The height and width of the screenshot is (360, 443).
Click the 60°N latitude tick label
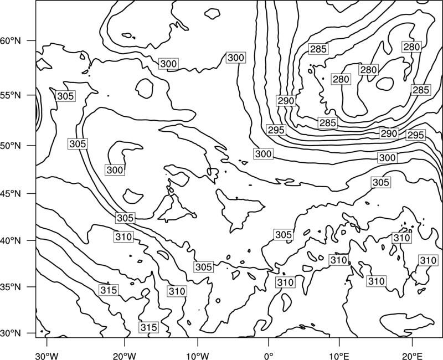(x=11, y=41)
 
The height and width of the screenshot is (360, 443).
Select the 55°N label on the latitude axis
(x=11, y=95)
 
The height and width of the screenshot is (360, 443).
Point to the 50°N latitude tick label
(x=11, y=146)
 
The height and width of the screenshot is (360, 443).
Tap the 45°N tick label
(x=11, y=193)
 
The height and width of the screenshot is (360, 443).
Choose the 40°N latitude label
(x=11, y=241)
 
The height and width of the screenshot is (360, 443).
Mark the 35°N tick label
(x=11, y=287)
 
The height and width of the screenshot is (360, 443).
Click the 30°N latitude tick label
(x=11, y=333)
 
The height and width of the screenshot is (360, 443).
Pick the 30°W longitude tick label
(x=47, y=356)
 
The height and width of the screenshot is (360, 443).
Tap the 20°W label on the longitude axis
(x=124, y=356)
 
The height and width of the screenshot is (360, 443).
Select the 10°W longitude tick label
(x=197, y=356)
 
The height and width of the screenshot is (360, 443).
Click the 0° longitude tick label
(x=269, y=356)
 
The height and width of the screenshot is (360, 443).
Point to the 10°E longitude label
(x=339, y=356)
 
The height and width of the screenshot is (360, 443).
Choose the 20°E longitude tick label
(x=412, y=356)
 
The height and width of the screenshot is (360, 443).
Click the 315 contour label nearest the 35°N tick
(x=109, y=290)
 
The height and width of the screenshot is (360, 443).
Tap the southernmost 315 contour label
(x=148, y=327)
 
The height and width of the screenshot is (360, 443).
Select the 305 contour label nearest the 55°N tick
(x=65, y=96)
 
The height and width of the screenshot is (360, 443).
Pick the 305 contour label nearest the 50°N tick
(x=78, y=143)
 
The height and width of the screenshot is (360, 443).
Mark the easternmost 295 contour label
(x=415, y=135)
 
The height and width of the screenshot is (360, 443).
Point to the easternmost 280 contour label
(x=411, y=47)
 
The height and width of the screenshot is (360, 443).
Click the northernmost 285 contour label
(x=318, y=49)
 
